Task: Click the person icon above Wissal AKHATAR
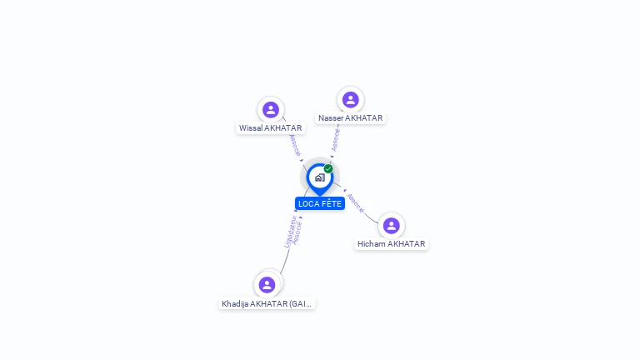click(270, 109)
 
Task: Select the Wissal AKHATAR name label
click(270, 128)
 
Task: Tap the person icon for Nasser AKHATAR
click(350, 99)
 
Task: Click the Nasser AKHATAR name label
click(350, 118)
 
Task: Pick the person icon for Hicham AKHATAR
click(391, 225)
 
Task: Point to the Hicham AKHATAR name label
click(391, 244)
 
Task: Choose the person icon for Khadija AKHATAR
click(267, 285)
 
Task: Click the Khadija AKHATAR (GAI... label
click(267, 304)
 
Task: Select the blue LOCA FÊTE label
click(320, 203)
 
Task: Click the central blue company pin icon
click(319, 177)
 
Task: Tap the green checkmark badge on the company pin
click(328, 168)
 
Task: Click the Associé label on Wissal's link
click(294, 145)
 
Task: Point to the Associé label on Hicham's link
click(356, 202)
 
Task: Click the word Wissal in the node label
click(250, 128)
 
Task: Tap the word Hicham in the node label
click(372, 244)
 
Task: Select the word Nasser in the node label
click(331, 118)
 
